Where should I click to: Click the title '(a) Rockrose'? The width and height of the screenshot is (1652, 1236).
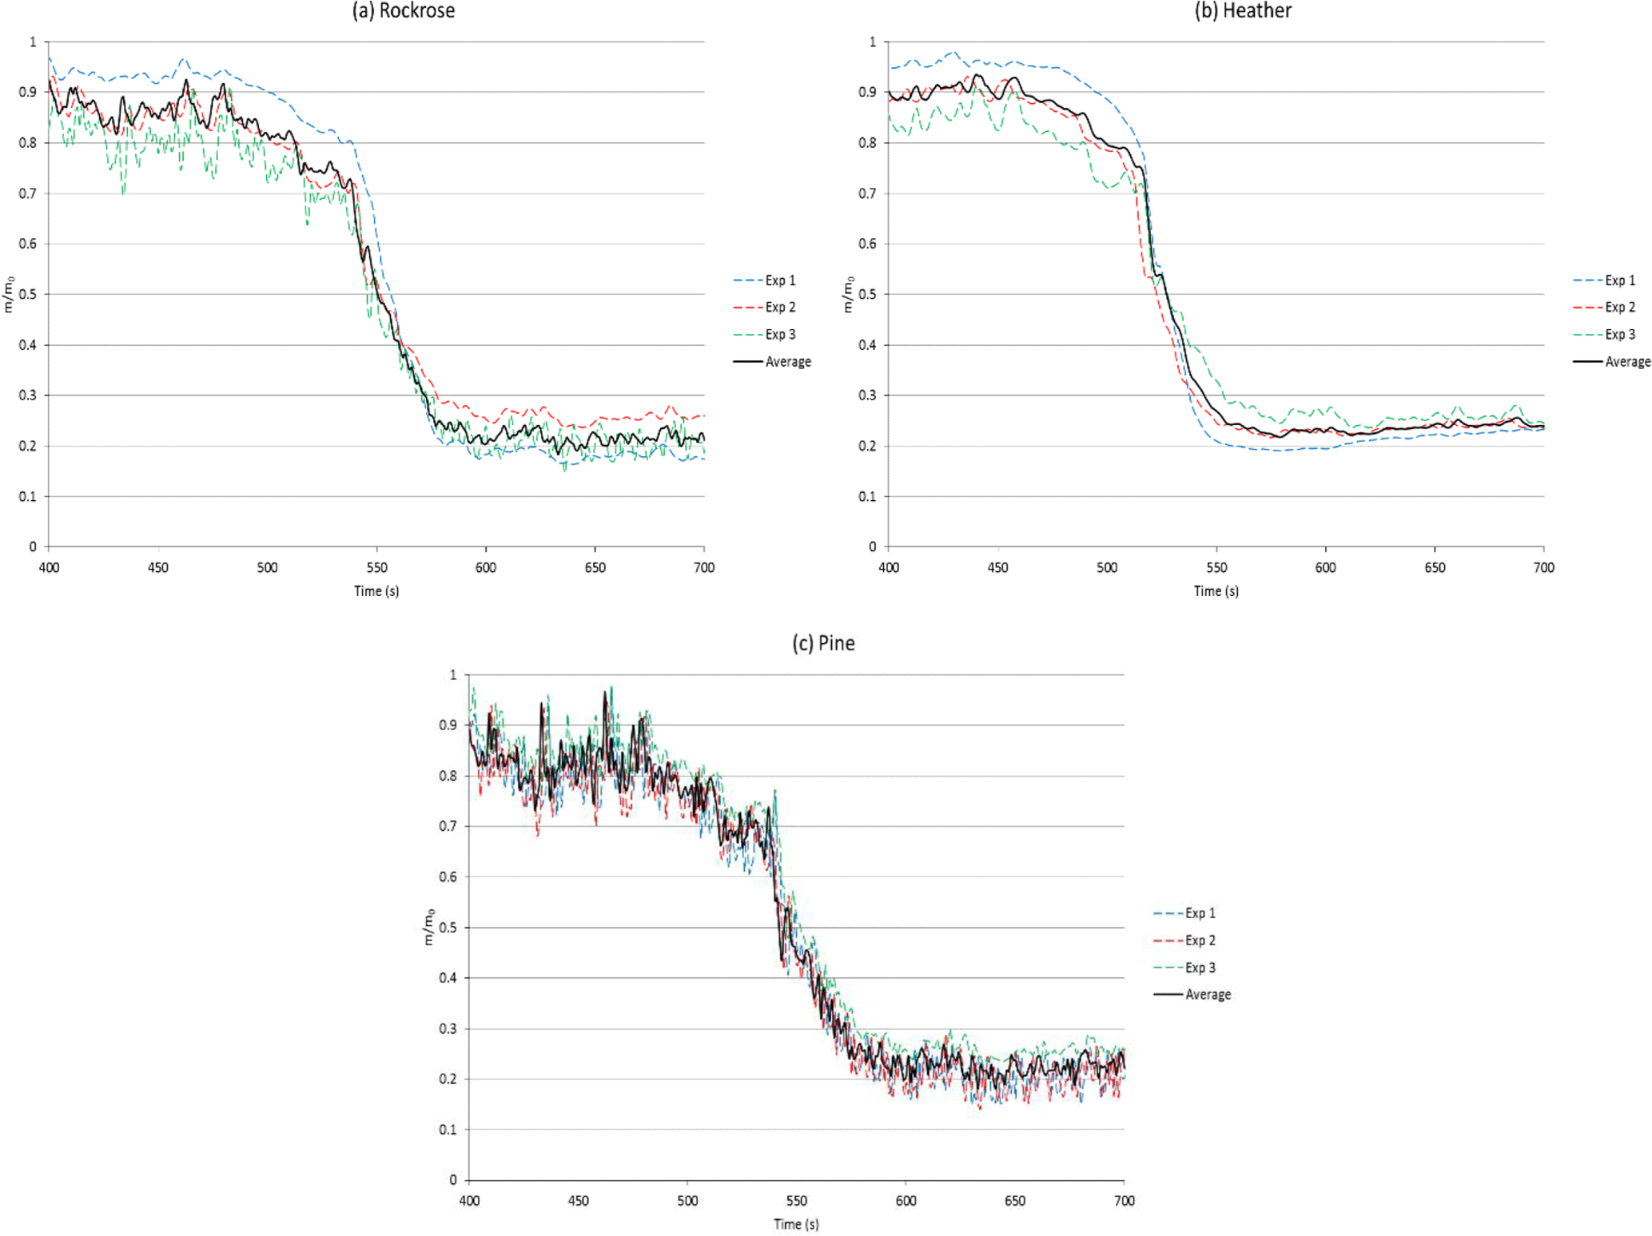404,10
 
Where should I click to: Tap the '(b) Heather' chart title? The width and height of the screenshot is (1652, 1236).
1243,10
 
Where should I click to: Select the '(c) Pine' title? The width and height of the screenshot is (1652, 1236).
823,643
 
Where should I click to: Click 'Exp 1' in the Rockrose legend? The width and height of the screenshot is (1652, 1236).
780,280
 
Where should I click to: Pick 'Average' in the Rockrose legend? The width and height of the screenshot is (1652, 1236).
788,362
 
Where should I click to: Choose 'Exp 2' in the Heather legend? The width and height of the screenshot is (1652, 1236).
1620,308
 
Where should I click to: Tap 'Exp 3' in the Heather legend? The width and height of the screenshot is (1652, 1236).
1620,335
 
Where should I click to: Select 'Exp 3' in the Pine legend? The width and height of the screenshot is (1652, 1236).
1200,968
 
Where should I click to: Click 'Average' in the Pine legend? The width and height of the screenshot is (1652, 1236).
1208,995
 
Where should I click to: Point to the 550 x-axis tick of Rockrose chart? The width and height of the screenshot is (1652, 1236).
376,567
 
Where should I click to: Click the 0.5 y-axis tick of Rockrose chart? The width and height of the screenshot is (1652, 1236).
28,294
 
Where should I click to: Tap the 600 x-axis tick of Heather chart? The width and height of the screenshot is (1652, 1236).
1325,567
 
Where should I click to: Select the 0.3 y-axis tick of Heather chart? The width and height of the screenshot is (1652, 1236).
867,395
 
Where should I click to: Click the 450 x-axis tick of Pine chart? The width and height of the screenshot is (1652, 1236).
578,1200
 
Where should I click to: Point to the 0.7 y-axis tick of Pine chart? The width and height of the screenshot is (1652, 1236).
448,826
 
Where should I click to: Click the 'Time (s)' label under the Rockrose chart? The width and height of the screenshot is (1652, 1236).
376,591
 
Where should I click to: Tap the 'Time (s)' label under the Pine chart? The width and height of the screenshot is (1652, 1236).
796,1224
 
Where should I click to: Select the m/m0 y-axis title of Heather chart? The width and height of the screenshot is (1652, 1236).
848,294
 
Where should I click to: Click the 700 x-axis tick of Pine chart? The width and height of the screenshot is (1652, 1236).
1124,1200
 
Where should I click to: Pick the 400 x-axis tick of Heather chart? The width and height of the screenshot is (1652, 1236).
889,567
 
